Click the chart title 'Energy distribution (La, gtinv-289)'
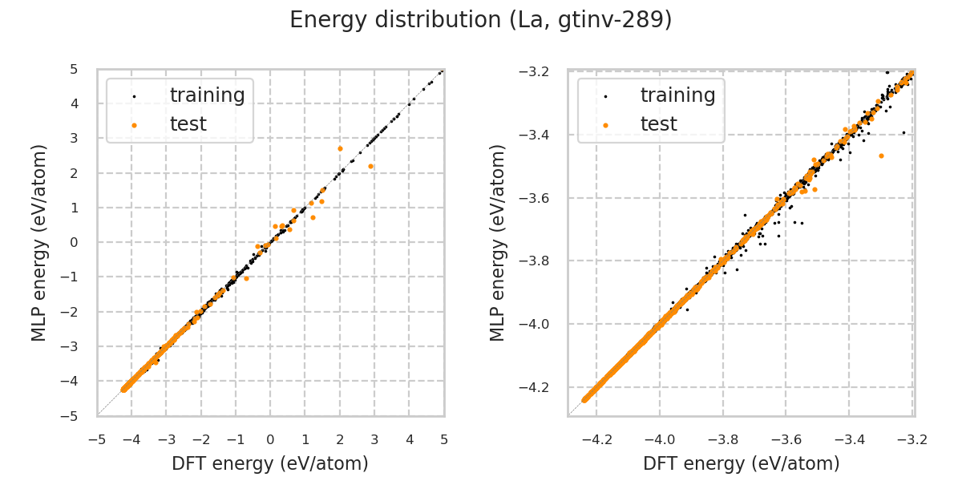coord(481,20)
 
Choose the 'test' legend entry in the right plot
coord(658,124)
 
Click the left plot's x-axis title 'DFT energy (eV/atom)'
coord(270,463)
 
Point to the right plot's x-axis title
coord(742,463)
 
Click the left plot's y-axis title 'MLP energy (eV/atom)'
coord(40,242)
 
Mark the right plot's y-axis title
coord(499,242)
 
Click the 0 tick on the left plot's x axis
coord(270,439)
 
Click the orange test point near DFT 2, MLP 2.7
coord(340,148)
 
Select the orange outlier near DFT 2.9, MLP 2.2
coord(370,166)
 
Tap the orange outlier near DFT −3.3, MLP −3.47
coord(881,156)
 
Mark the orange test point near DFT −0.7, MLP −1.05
coord(246,278)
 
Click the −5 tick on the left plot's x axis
coord(97,439)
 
